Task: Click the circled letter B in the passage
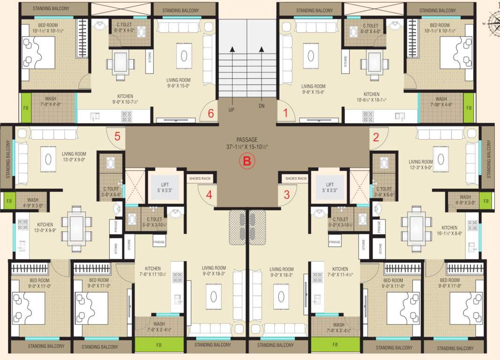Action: (x=247, y=161)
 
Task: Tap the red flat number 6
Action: (x=211, y=113)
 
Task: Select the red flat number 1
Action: (x=284, y=113)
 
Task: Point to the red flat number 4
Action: (x=209, y=195)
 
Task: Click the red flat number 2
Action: (x=376, y=137)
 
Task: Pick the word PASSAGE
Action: (x=247, y=139)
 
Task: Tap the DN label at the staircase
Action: (x=261, y=106)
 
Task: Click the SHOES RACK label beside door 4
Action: (x=200, y=179)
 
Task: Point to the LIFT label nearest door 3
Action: (x=330, y=185)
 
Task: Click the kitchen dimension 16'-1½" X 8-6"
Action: (x=449, y=233)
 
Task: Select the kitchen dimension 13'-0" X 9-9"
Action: (x=45, y=231)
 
